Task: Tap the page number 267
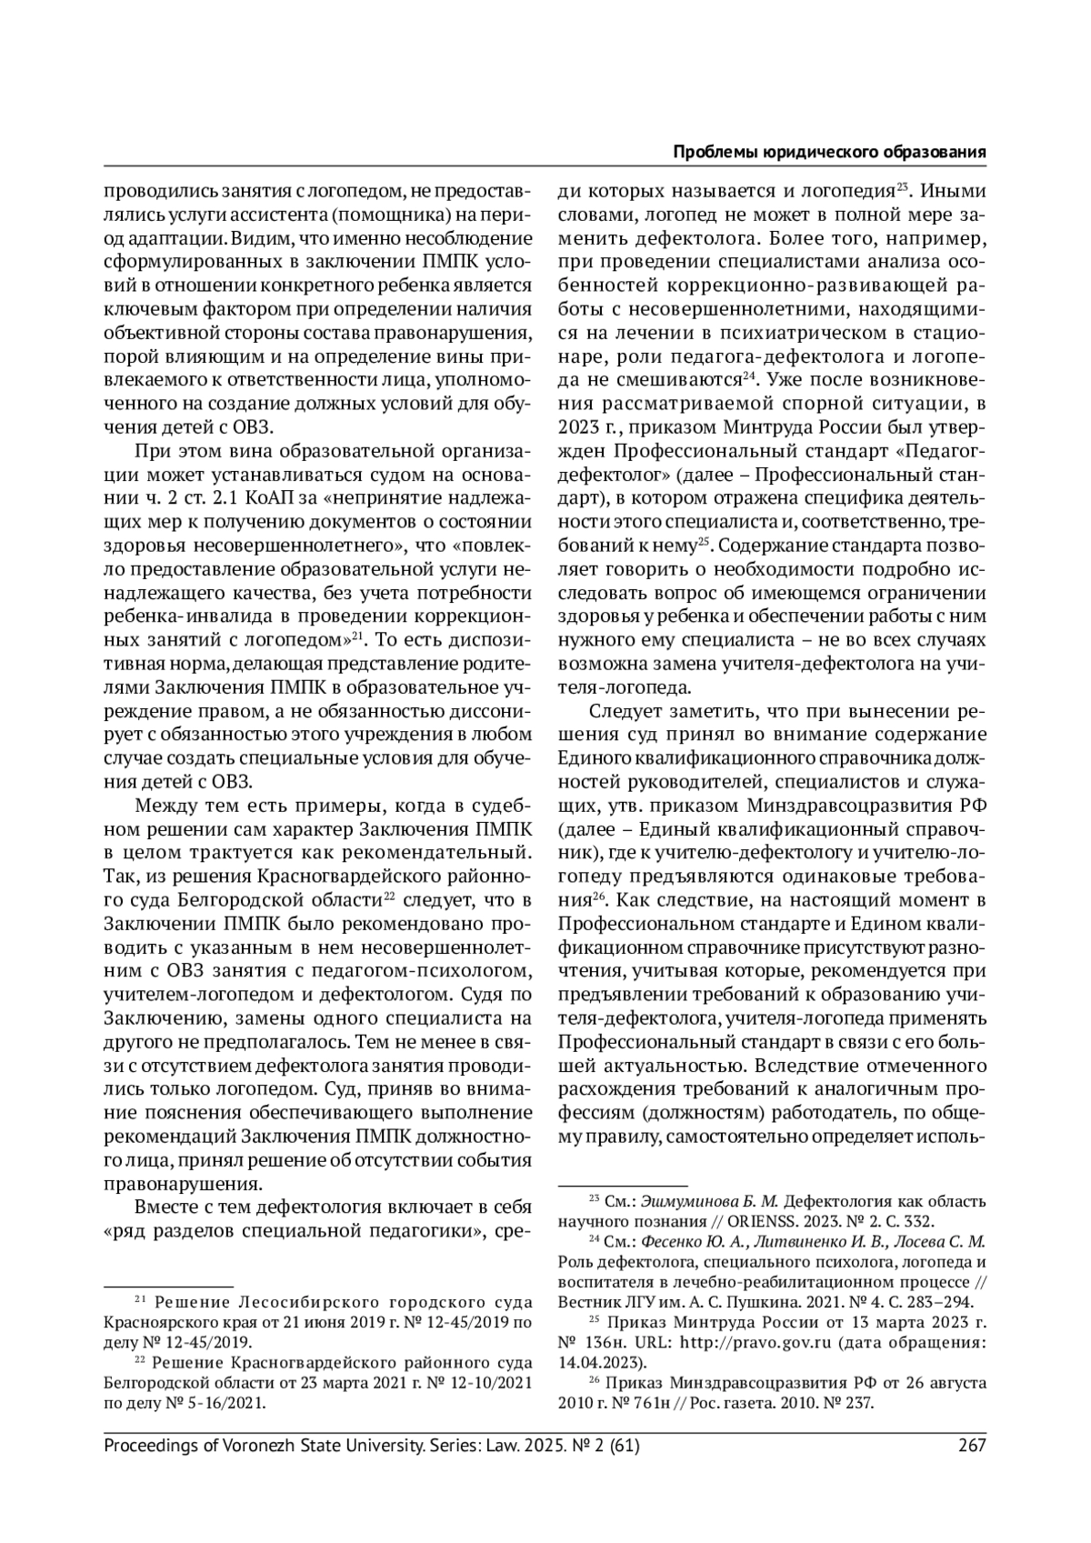coord(972,1445)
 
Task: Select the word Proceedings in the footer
coord(149,1445)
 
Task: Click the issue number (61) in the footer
coord(619,1445)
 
